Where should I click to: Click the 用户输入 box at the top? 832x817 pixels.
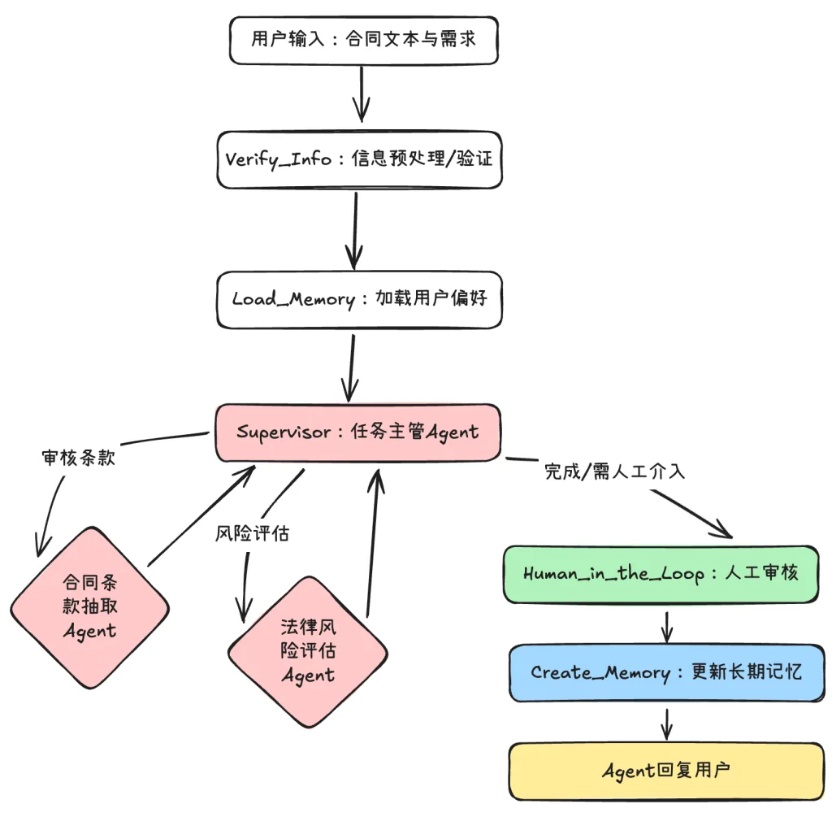click(362, 40)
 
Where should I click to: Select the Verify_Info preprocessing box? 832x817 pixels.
click(358, 159)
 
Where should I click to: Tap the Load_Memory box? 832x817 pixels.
click(358, 299)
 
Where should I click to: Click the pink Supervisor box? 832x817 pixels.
click(357, 432)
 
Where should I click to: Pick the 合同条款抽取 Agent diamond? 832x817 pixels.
click(89, 607)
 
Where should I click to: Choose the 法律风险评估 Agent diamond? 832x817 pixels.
click(308, 651)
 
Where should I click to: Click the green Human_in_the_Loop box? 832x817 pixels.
click(660, 574)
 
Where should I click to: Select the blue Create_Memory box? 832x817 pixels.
click(666, 673)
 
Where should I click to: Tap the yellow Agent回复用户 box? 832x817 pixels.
click(666, 771)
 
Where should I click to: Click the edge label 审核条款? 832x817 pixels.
click(78, 458)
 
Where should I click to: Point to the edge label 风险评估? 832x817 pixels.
click(252, 533)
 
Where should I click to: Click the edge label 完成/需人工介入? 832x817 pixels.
click(614, 472)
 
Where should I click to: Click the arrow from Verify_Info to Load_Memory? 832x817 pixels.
click(355, 229)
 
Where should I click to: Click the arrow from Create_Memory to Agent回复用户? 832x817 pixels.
click(667, 723)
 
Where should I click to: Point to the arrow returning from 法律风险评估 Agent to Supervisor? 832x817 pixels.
click(373, 545)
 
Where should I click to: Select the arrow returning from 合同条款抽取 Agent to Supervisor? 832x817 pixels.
click(203, 516)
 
